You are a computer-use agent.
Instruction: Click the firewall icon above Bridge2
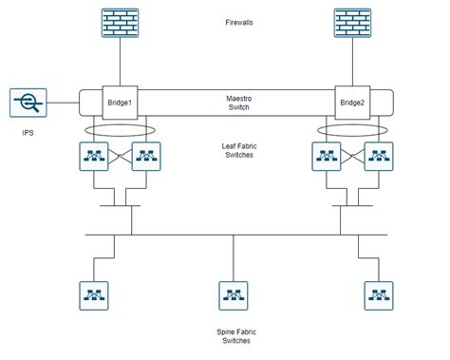[351, 24]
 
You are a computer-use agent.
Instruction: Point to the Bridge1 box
[120, 103]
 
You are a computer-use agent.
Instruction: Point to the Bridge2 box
[351, 103]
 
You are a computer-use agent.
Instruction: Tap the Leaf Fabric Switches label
[234, 151]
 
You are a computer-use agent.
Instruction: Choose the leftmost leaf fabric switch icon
[96, 157]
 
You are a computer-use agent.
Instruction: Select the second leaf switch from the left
[144, 157]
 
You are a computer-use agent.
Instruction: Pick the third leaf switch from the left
[326, 157]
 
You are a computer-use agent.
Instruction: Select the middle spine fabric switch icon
[234, 294]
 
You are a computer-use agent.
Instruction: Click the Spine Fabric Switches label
[234, 334]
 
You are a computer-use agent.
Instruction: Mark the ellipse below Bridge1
[120, 130]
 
